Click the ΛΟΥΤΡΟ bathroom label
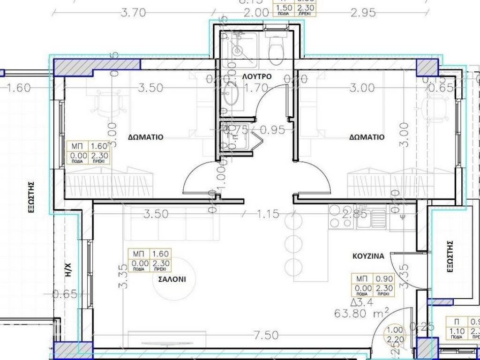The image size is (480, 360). (x=256, y=76)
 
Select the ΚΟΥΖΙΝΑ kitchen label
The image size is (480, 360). (x=368, y=256)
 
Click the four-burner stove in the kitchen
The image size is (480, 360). (x=340, y=217)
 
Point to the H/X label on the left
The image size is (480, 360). (x=68, y=269)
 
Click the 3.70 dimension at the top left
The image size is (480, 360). (x=133, y=13)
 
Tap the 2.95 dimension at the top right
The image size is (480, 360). (x=363, y=13)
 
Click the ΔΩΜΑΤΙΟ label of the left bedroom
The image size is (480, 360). (x=146, y=137)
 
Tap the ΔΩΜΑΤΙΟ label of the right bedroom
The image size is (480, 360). (x=367, y=137)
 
